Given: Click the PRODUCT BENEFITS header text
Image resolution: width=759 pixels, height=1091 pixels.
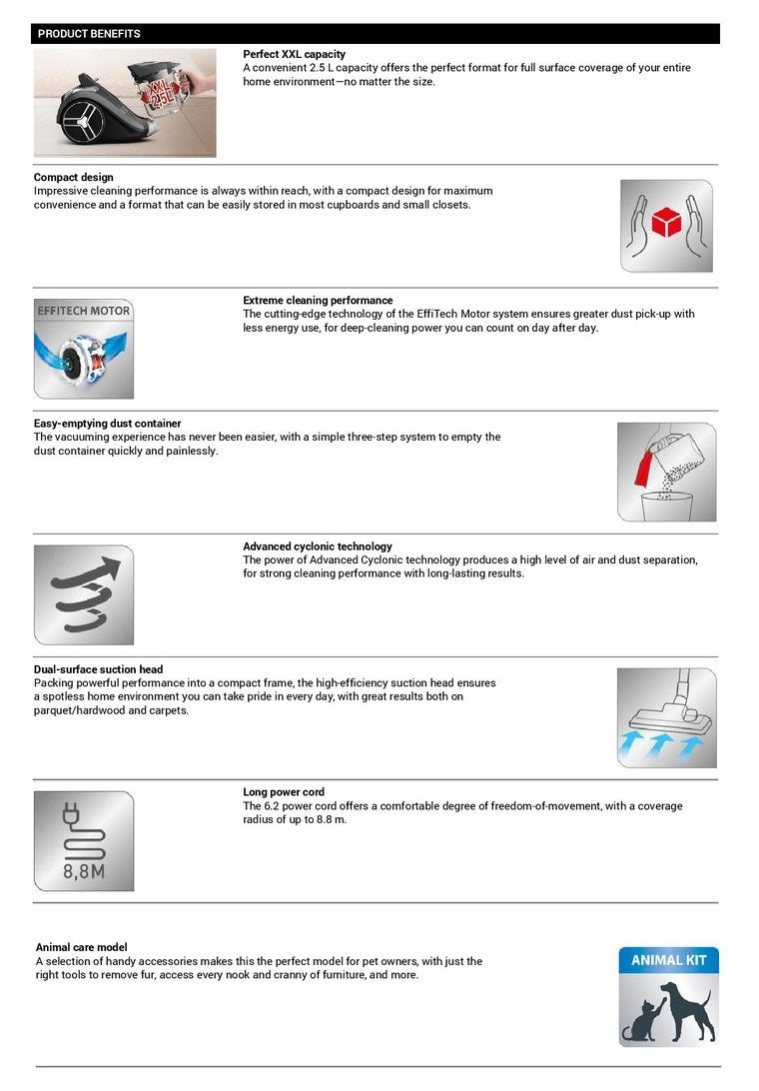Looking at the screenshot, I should (89, 34).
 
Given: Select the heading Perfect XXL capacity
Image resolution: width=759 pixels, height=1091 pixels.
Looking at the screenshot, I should (294, 54).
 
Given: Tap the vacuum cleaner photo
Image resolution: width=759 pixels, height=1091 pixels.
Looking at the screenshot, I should (125, 102).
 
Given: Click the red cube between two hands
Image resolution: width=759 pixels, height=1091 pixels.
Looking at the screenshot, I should (666, 222).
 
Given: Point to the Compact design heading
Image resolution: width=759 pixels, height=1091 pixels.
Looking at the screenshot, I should (74, 178).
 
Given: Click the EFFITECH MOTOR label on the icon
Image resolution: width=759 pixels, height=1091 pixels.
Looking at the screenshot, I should (84, 311).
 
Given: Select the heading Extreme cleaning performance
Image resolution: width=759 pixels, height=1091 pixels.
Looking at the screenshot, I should (318, 300).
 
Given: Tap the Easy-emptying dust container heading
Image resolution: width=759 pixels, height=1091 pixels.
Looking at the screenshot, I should (108, 424).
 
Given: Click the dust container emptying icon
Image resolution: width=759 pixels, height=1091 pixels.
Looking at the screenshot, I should (666, 472).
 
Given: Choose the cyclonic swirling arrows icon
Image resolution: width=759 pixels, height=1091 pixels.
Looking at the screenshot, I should (84, 595).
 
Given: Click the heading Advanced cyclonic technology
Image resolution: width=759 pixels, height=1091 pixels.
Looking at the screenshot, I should (318, 546).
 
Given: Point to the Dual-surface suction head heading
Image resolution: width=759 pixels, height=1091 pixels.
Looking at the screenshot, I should (98, 669).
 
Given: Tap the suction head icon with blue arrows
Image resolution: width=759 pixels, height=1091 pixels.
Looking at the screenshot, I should (666, 718).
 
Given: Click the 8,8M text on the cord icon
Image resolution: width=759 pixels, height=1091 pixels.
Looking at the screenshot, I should (84, 871).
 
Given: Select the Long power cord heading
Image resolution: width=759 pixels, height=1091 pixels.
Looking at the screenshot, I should (284, 792).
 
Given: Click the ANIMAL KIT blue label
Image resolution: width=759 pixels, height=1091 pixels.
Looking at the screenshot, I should (668, 960).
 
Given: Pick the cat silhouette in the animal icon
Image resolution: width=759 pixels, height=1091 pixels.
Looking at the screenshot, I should (640, 1021).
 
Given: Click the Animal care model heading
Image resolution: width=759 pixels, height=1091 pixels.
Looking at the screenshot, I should (82, 947).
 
